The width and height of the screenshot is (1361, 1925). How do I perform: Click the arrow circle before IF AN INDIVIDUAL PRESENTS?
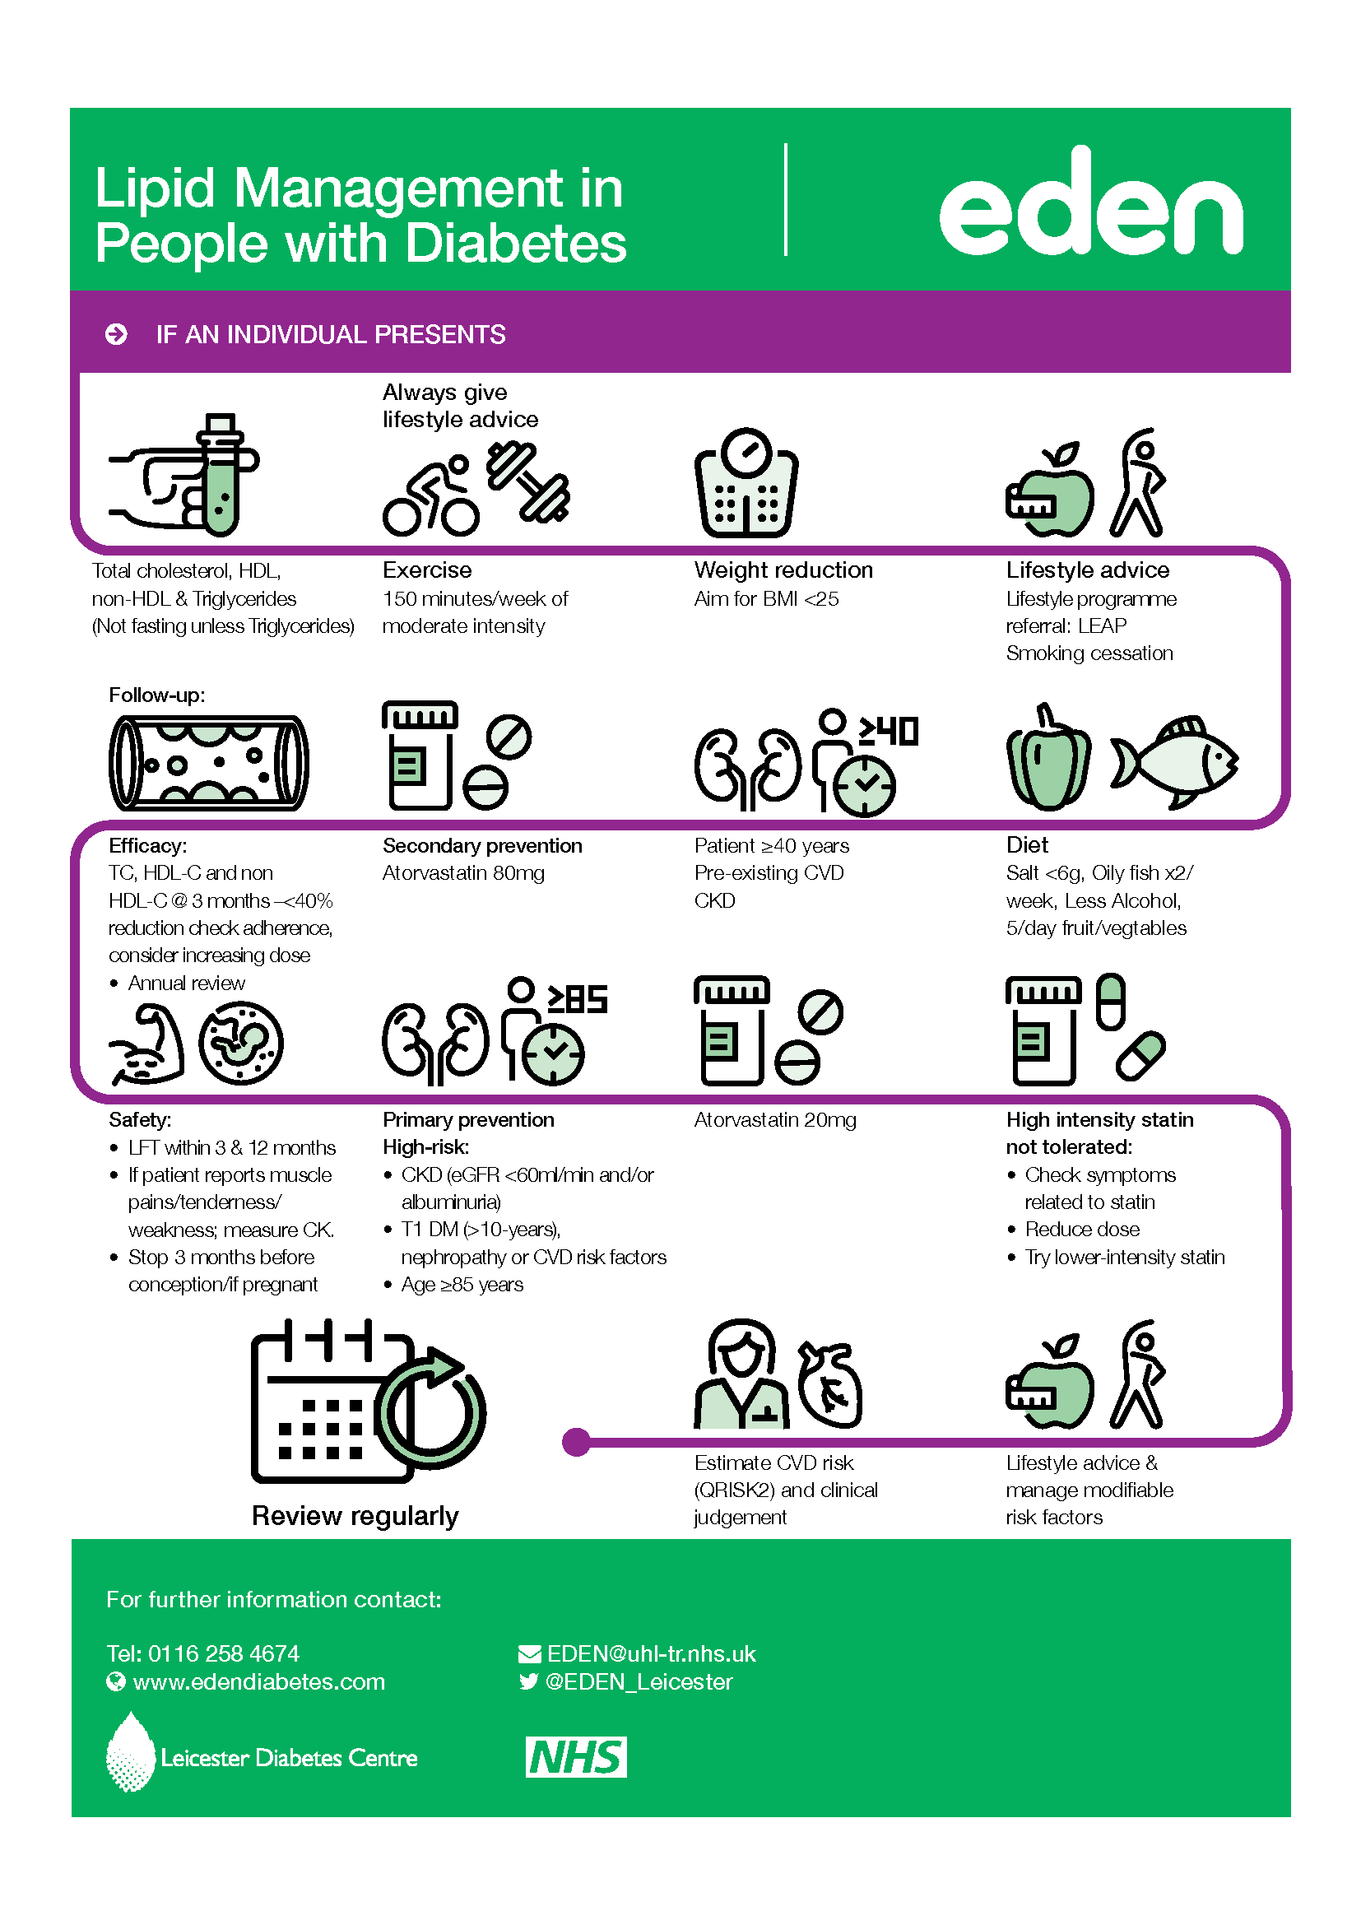pyautogui.click(x=117, y=334)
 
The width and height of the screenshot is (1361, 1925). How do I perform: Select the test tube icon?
pyautogui.click(x=221, y=475)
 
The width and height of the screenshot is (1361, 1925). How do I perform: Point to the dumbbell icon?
pyautogui.click(x=528, y=481)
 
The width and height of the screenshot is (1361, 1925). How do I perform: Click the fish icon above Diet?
pyautogui.click(x=1174, y=762)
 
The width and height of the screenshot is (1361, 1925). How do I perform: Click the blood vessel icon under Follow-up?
pyautogui.click(x=209, y=763)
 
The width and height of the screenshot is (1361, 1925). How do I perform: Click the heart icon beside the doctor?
pyautogui.click(x=829, y=1385)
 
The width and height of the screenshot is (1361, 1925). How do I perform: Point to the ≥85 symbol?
pyautogui.click(x=578, y=998)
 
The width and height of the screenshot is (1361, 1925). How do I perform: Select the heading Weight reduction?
pyautogui.click(x=783, y=570)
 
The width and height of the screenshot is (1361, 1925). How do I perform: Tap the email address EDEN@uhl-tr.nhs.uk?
pyautogui.click(x=651, y=1653)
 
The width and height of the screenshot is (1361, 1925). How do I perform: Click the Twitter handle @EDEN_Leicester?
pyautogui.click(x=639, y=1681)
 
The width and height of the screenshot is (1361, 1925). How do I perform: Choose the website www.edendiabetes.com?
pyautogui.click(x=259, y=1681)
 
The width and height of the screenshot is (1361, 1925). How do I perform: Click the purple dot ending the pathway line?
pyautogui.click(x=577, y=1442)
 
